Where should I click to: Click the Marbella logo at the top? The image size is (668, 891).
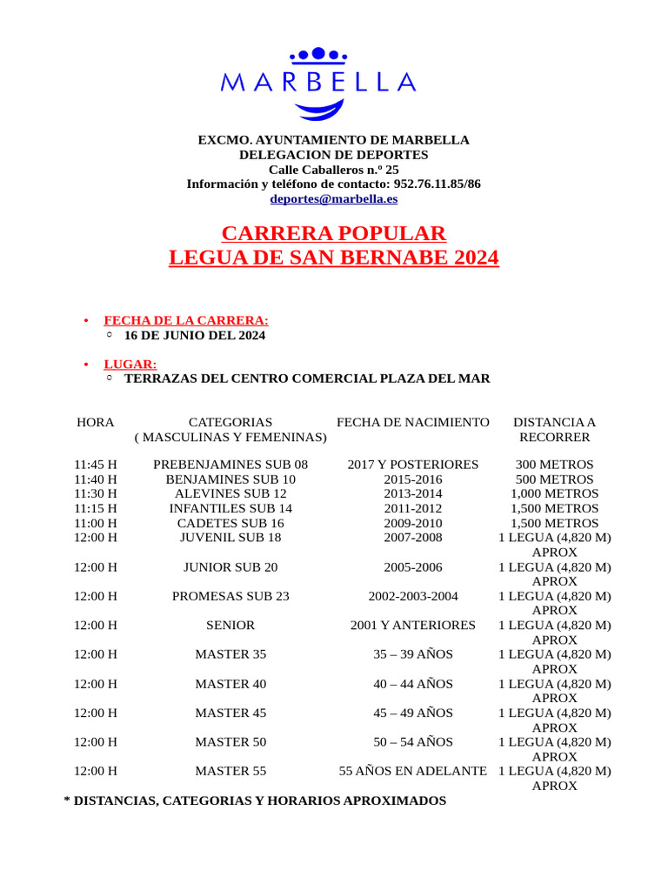tap(318, 83)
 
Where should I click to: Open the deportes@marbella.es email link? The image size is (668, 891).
tap(333, 198)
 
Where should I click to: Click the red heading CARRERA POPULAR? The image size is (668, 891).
tap(333, 233)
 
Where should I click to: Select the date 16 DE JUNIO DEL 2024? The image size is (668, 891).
tap(195, 335)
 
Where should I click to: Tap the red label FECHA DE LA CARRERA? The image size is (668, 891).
tap(186, 320)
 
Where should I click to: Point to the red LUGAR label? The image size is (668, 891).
tap(130, 364)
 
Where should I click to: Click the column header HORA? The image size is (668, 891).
tap(96, 422)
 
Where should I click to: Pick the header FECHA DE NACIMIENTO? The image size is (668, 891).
tap(413, 422)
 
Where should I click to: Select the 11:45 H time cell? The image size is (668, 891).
tap(96, 465)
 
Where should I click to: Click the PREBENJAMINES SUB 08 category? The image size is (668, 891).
tap(230, 465)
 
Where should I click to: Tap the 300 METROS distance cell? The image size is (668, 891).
tap(554, 465)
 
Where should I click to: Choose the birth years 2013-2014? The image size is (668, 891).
tap(413, 493)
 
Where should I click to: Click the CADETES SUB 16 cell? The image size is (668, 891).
tap(230, 523)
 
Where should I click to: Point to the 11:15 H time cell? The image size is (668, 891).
tap(96, 508)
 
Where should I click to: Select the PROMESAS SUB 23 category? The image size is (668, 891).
tap(230, 596)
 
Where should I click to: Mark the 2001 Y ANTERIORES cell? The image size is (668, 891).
tap(413, 625)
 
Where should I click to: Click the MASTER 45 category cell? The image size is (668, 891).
tap(230, 713)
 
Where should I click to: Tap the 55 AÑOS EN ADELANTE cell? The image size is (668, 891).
tap(413, 771)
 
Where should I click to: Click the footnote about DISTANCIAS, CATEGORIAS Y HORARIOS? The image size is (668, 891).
tap(255, 800)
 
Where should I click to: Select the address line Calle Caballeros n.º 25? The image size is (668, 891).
tap(333, 170)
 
